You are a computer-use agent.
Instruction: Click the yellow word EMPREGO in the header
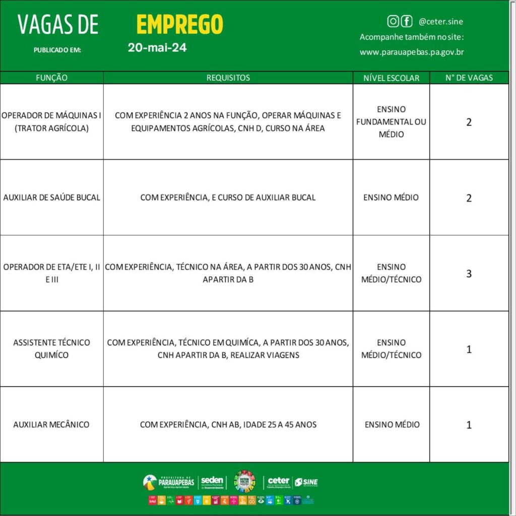pyautogui.click(x=179, y=25)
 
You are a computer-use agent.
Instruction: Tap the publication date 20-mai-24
pyautogui.click(x=157, y=48)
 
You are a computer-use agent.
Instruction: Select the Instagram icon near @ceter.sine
pyautogui.click(x=393, y=21)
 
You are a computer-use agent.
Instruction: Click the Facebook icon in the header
pyautogui.click(x=406, y=21)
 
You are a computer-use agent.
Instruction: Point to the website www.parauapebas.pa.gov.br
pyautogui.click(x=412, y=52)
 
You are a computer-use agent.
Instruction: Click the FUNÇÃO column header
pyautogui.click(x=51, y=78)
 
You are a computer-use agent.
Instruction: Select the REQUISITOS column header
pyautogui.click(x=228, y=78)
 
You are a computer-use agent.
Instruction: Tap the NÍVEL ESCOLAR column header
pyautogui.click(x=391, y=78)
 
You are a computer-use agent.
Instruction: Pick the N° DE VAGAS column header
pyautogui.click(x=469, y=78)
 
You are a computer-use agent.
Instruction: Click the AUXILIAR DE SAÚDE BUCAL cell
pyautogui.click(x=51, y=198)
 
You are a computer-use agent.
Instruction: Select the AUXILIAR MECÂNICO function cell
pyautogui.click(x=51, y=424)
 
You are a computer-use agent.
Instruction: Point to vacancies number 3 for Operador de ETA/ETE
pyautogui.click(x=469, y=274)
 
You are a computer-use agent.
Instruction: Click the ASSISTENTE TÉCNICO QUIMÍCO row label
pyautogui.click(x=51, y=349)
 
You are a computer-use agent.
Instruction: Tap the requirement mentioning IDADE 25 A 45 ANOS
pyautogui.click(x=228, y=424)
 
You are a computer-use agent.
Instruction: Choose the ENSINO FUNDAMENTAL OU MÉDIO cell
pyautogui.click(x=391, y=122)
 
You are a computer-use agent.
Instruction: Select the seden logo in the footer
pyautogui.click(x=212, y=482)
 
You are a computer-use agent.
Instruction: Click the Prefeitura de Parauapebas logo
pyautogui.click(x=169, y=482)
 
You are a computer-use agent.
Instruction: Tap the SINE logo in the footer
pyautogui.click(x=306, y=482)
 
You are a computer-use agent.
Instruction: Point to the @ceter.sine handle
pyautogui.click(x=440, y=22)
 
